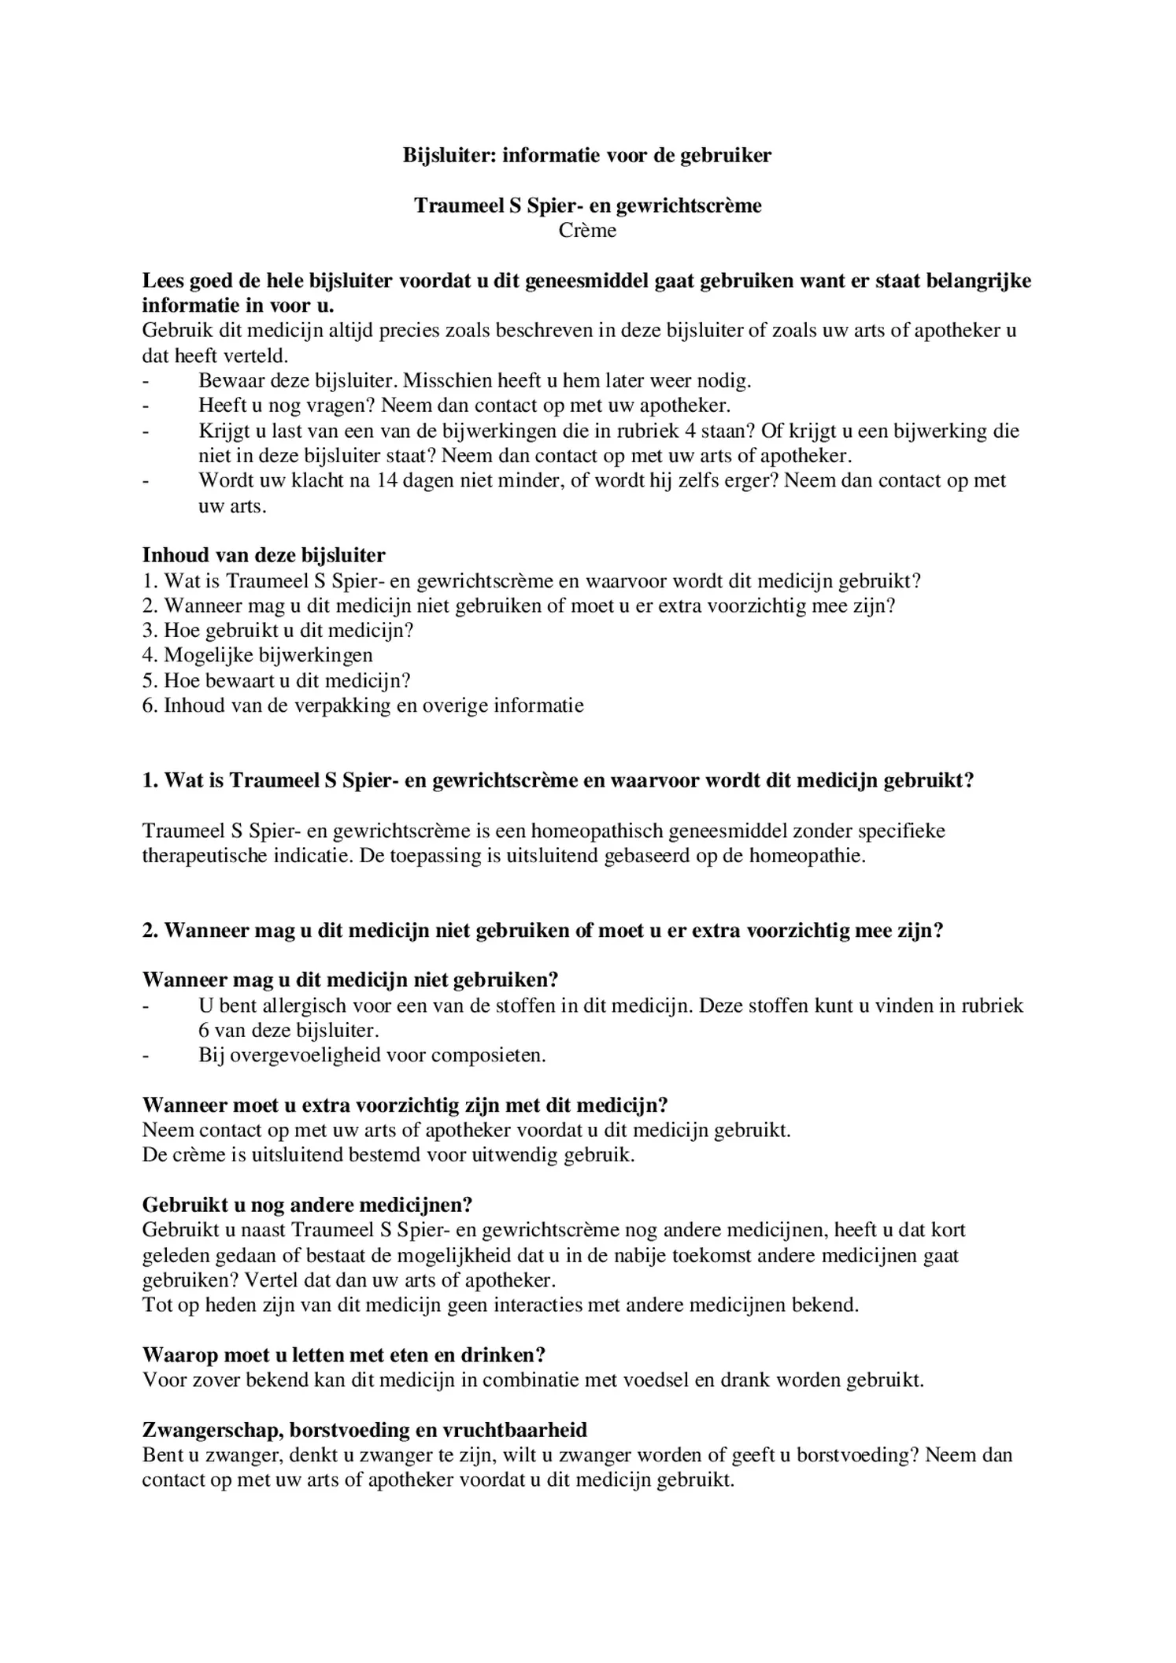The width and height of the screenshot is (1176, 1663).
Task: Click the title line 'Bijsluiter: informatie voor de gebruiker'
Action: point(587,155)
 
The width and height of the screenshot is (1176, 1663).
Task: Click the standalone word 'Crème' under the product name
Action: point(587,231)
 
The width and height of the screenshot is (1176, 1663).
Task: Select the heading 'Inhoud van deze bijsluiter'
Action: point(264,556)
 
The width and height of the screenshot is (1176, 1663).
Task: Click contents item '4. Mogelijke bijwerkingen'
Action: point(257,656)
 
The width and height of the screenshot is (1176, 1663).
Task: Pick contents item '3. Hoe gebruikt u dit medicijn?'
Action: point(278,631)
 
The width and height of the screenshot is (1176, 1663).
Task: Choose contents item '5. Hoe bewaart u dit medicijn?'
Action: point(276,681)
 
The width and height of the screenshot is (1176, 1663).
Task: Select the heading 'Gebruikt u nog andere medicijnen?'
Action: point(307,1206)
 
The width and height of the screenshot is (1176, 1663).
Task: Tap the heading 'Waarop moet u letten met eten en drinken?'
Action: point(344,1355)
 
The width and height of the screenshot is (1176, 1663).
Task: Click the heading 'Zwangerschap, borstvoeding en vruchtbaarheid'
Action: point(364,1430)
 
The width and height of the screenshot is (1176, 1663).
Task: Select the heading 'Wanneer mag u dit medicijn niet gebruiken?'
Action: point(350,980)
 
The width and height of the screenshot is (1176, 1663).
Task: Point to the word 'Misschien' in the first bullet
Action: point(449,381)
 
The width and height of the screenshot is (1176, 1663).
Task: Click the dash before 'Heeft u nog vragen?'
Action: point(146,406)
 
